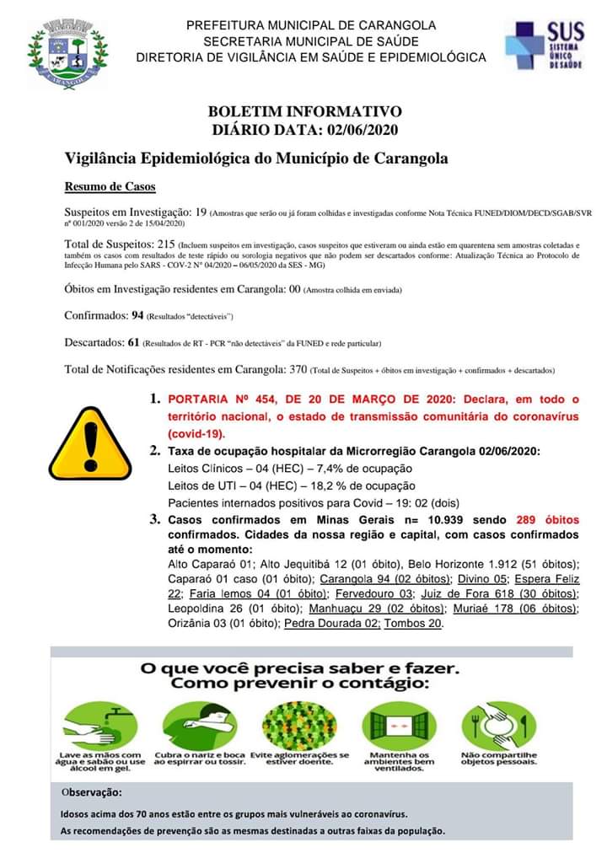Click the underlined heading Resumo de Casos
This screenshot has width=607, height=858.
pos(110,186)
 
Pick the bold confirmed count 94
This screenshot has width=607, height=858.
pos(137,316)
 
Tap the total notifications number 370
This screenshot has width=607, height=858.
pos(298,370)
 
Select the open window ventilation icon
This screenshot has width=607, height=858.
pos(388,724)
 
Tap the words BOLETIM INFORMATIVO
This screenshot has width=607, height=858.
pos(304,111)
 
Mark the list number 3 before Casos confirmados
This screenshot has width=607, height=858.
pos(154,520)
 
